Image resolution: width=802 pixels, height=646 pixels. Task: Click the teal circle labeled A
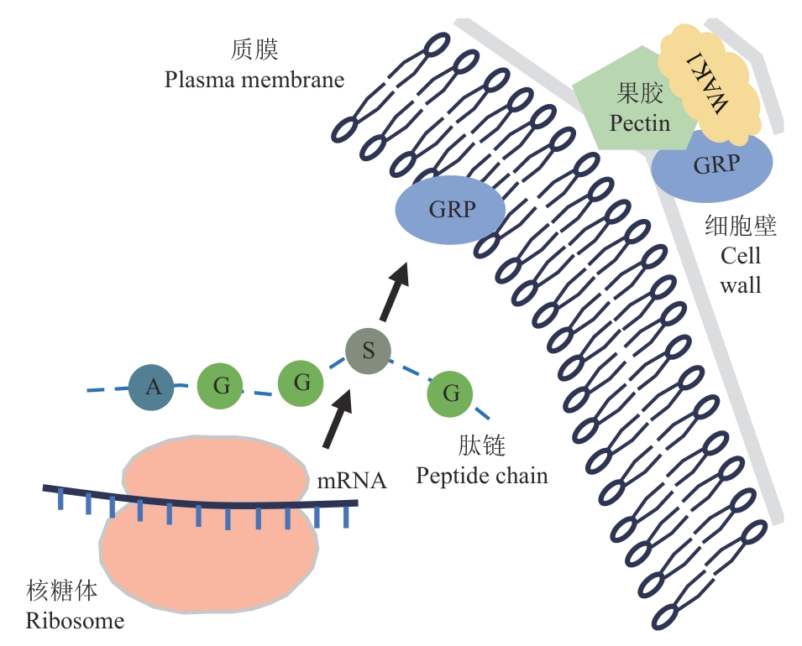tap(152, 387)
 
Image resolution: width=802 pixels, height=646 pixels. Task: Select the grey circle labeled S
tap(368, 351)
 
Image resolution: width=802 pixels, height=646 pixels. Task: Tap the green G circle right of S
tap(450, 393)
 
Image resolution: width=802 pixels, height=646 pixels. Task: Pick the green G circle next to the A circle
tap(220, 387)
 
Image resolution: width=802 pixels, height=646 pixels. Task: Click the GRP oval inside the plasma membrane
tap(450, 209)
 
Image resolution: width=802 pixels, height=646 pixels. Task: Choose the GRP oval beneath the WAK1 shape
tap(712, 166)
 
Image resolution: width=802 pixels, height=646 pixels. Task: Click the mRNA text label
tap(352, 481)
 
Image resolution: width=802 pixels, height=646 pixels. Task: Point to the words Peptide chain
tap(482, 477)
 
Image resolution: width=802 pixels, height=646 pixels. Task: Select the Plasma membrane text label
tap(254, 81)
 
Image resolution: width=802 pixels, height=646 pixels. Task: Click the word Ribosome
tap(75, 622)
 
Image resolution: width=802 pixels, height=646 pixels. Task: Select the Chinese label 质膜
tap(254, 51)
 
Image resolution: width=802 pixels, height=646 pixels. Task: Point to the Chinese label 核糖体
tap(61, 592)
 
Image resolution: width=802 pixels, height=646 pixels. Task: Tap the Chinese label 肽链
tap(481, 445)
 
